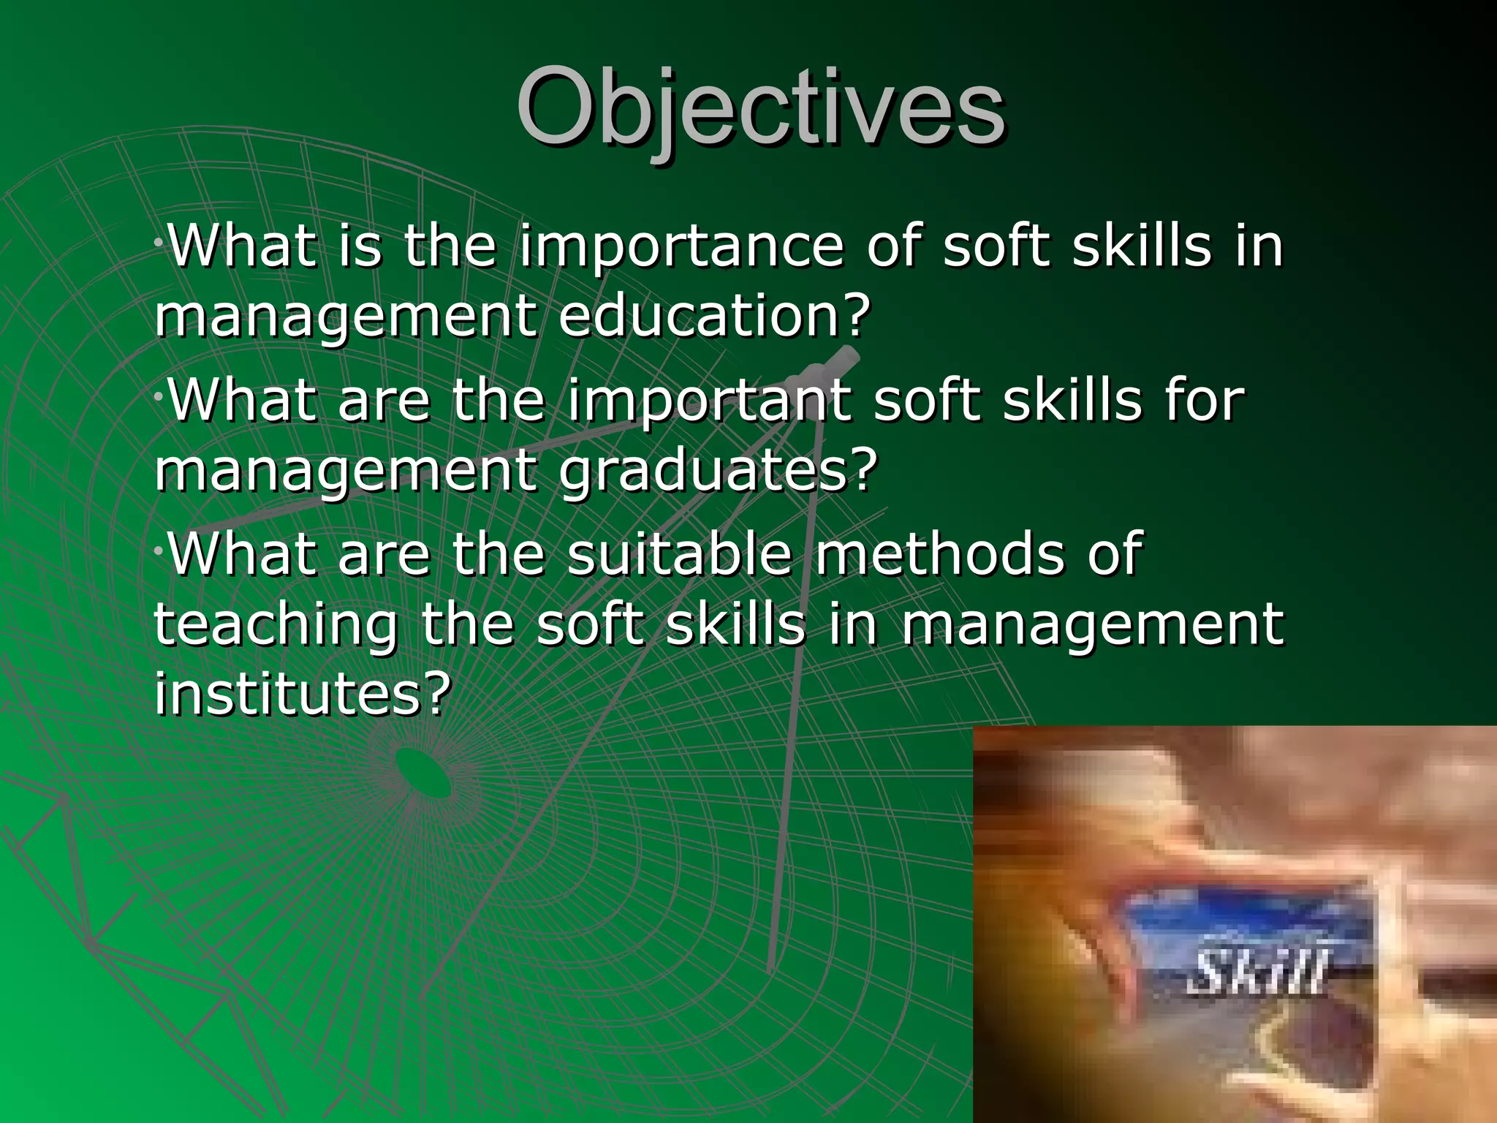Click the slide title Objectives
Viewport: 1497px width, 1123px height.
click(x=760, y=107)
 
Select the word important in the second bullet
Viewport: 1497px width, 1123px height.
click(x=709, y=402)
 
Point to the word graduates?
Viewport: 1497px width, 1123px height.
click(x=718, y=471)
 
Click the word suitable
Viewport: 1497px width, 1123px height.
click(x=680, y=553)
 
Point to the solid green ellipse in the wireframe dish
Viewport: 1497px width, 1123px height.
click(x=423, y=774)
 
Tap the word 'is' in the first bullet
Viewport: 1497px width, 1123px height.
click(x=360, y=246)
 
